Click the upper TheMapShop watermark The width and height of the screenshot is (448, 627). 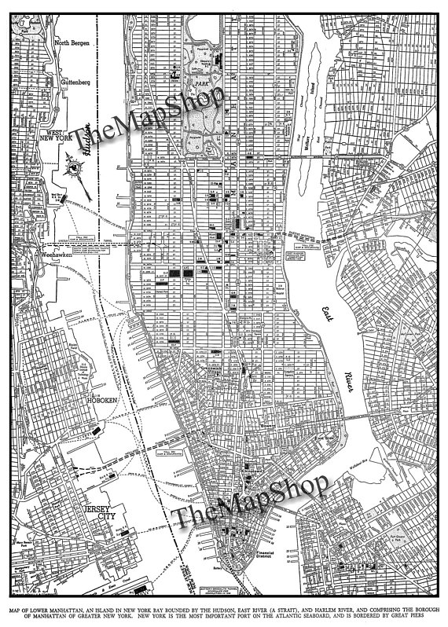click(x=149, y=118)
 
